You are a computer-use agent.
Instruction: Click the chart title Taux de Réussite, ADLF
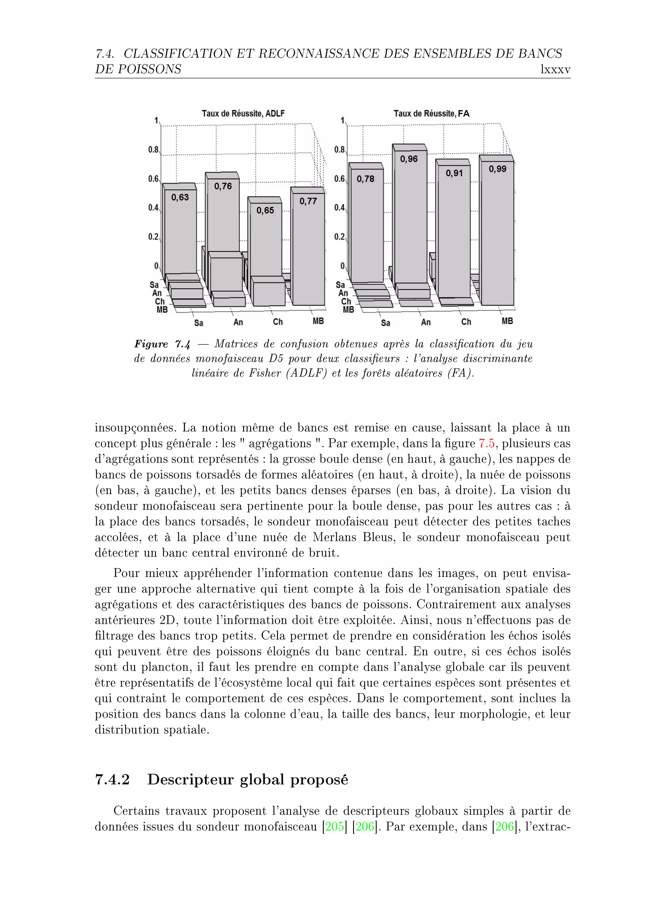(243, 114)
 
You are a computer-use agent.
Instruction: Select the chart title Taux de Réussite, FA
(431, 114)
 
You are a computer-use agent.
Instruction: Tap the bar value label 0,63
(180, 197)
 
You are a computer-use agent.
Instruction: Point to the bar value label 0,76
(223, 186)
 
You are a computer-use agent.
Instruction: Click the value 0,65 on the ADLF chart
(265, 211)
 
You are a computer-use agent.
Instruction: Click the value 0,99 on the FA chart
(497, 169)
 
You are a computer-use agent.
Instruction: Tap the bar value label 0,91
(454, 173)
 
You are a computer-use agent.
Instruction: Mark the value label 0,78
(365, 179)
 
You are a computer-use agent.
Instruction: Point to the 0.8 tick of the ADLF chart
(153, 150)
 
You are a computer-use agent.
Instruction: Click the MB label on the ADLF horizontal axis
(318, 321)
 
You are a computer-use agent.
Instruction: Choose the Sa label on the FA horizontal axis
(385, 323)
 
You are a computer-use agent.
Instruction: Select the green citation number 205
(334, 827)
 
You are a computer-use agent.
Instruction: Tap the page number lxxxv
(555, 70)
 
